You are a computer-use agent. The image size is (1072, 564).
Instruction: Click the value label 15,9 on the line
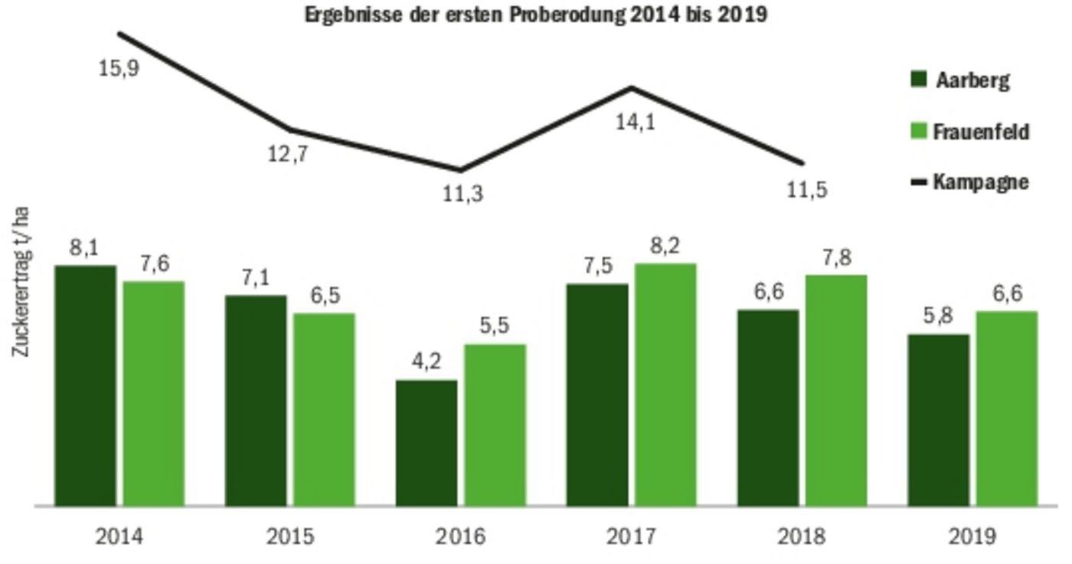(x=119, y=68)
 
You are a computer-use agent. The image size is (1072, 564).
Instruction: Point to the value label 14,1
(x=636, y=122)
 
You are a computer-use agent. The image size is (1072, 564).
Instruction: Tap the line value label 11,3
(x=462, y=194)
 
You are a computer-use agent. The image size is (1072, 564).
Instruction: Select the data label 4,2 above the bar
(x=426, y=362)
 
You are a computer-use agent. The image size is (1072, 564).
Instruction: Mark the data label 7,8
(x=836, y=257)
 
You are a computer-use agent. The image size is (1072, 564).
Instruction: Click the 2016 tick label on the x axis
(x=461, y=536)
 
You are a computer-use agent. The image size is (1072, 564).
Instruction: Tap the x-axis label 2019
(x=972, y=536)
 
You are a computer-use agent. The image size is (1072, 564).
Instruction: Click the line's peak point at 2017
(x=632, y=87)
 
